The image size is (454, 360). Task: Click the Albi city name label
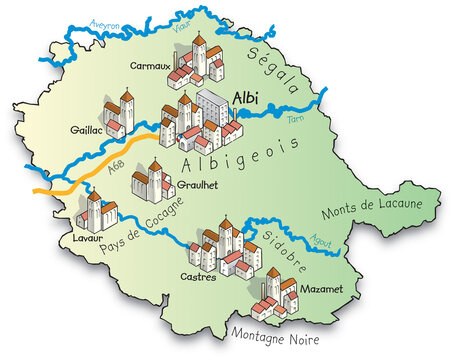coord(248,98)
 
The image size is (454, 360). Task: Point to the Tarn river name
coord(294,118)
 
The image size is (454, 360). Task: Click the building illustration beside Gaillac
coord(118,115)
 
